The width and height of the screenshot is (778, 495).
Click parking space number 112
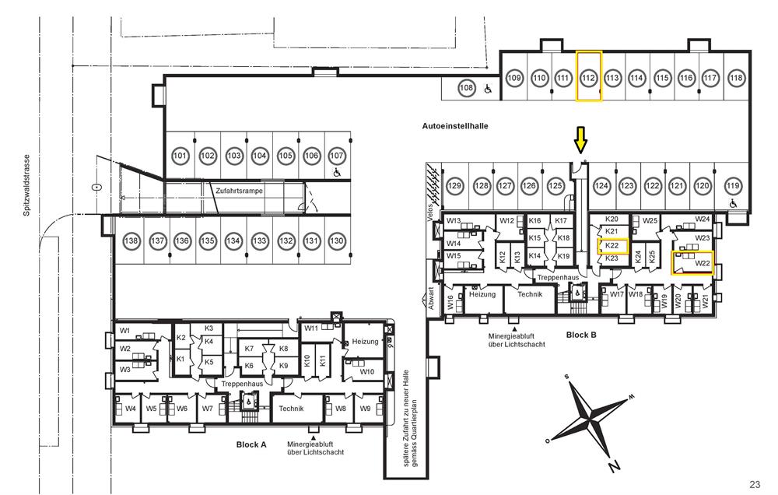tap(588, 78)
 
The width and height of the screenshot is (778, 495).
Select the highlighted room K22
tap(612, 247)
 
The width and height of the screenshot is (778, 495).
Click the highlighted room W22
tap(692, 263)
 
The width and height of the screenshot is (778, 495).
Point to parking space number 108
tap(466, 88)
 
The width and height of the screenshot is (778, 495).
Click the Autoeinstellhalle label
tap(454, 125)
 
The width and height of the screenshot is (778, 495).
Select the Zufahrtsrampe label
tap(236, 189)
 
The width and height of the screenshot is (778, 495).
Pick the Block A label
tap(251, 444)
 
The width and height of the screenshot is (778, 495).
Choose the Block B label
tap(581, 335)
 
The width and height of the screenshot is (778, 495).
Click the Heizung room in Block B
tap(482, 294)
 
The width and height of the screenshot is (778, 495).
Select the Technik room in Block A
tap(291, 409)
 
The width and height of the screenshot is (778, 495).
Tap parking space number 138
tap(132, 241)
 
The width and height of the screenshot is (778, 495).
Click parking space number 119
tap(733, 186)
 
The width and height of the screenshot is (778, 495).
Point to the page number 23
tap(755, 484)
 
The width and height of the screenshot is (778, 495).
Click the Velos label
tap(429, 215)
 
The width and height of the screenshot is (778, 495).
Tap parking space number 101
tap(180, 156)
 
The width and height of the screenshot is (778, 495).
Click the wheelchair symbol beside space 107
tap(337, 172)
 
